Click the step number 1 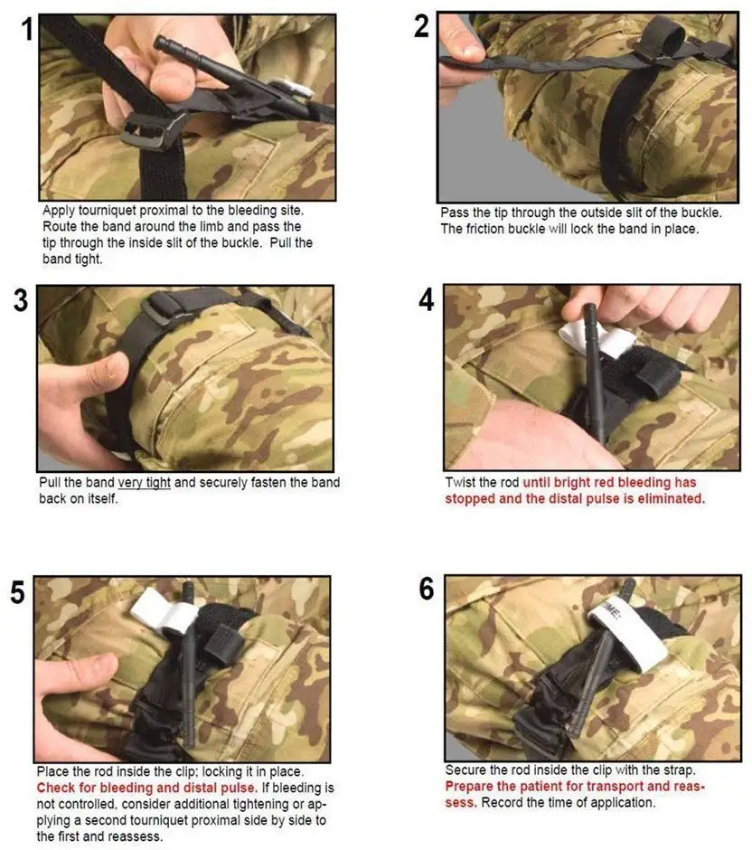pos(28,29)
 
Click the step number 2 pos(421,26)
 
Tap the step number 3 pos(21,300)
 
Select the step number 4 pos(427,300)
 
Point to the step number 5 pos(17,592)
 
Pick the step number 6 pos(427,589)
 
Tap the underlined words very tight pos(144,483)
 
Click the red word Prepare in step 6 pos(469,787)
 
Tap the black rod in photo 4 pos(594,373)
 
